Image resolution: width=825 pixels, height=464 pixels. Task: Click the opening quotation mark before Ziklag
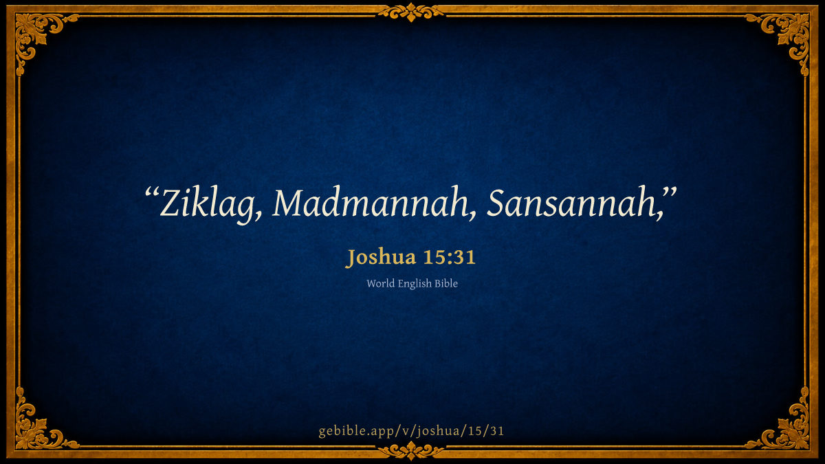[x=152, y=192]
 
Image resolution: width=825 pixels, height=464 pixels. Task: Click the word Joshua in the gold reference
[x=381, y=257]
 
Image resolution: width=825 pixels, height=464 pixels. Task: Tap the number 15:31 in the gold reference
[x=450, y=256]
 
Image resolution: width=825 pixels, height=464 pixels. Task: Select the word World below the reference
[x=380, y=283]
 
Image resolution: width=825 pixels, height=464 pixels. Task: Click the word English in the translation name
[x=415, y=284]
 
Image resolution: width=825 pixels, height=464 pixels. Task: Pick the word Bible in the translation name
[x=446, y=283]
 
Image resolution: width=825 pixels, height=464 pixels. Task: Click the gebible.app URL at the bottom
[x=411, y=431]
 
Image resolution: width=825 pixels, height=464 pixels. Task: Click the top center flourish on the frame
[x=411, y=12]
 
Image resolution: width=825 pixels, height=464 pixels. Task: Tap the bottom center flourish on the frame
[x=411, y=451]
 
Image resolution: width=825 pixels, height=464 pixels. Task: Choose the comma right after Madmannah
[x=472, y=216]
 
